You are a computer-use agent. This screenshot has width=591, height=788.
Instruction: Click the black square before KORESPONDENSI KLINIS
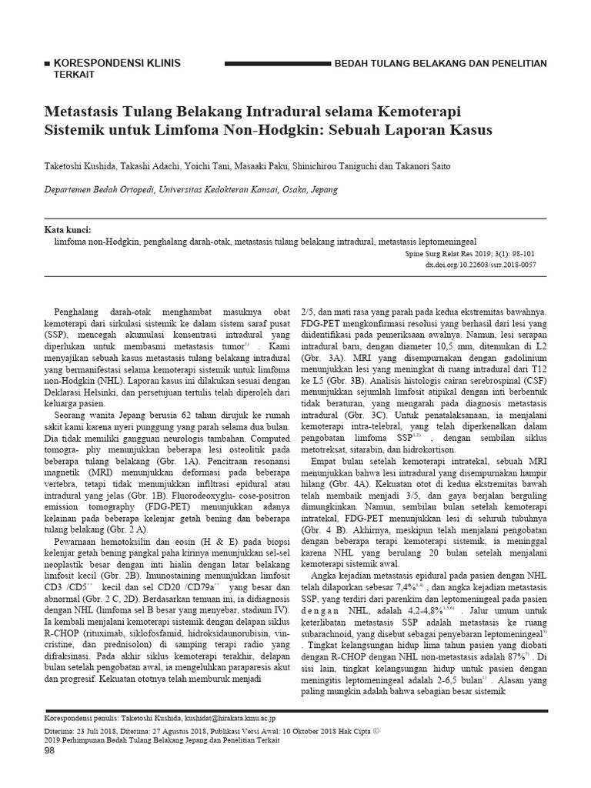(x=50, y=63)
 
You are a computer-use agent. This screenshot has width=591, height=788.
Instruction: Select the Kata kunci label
(x=68, y=229)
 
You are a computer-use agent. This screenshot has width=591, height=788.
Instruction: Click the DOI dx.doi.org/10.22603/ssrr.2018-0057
(x=480, y=264)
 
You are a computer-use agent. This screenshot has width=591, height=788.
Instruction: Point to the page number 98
(x=52, y=751)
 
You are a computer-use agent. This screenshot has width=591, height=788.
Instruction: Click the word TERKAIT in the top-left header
(x=66, y=75)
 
